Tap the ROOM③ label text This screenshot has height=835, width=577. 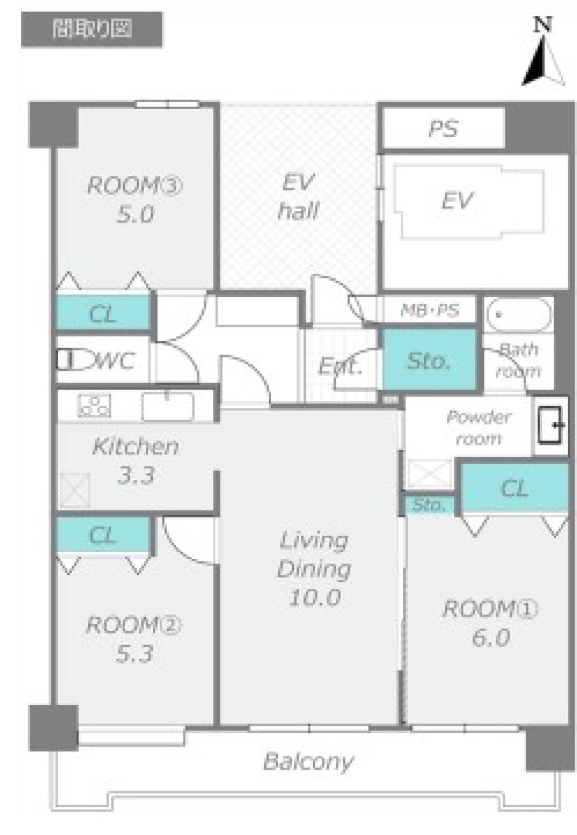coord(135,185)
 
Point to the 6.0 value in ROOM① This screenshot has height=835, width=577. coord(490,638)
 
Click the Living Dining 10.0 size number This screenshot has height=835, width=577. coord(315,597)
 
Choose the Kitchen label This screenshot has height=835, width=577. coord(136,446)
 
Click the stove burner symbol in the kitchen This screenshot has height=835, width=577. coord(94,405)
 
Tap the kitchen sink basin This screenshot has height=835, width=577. coord(168,406)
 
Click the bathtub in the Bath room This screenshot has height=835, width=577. coord(519,315)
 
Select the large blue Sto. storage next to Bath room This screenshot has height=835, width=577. coord(430,360)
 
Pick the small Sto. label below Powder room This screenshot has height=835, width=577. coord(429,505)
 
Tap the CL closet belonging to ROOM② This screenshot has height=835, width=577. coord(103,535)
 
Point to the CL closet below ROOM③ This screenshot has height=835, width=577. coord(103,313)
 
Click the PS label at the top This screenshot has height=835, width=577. coord(443,129)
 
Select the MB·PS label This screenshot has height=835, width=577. coord(429,310)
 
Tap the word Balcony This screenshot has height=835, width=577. coord(308,762)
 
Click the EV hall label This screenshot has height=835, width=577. coord(298,196)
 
